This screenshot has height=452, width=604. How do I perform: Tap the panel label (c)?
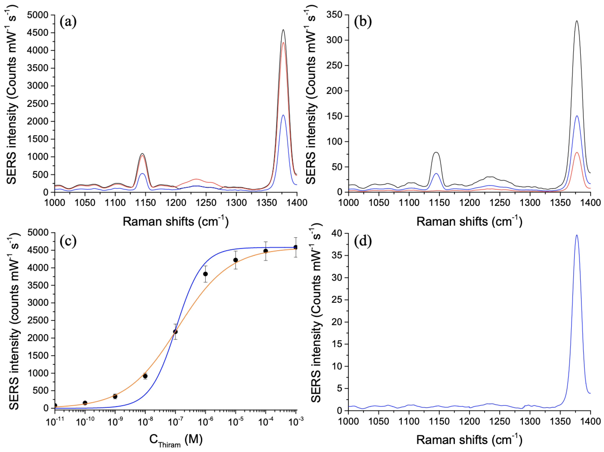point(68,241)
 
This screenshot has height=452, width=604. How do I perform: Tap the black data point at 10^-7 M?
point(175,332)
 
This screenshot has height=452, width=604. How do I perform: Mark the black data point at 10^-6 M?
point(205,274)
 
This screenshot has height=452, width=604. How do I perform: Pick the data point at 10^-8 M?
point(145,376)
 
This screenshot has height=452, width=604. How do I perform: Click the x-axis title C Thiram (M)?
point(176,440)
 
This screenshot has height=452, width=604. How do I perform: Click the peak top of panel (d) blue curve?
point(577,235)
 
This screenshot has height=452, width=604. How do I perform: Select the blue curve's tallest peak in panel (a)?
point(283,115)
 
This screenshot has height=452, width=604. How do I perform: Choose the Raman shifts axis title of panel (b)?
point(469,221)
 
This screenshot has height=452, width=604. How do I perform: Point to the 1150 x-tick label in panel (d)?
point(439,421)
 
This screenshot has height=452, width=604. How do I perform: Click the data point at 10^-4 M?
point(265,251)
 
